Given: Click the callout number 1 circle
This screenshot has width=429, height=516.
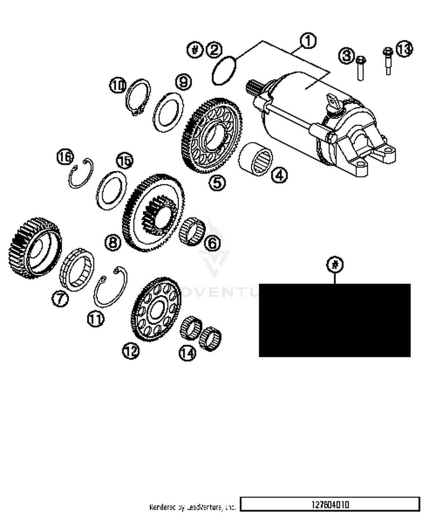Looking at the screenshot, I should point(308,41).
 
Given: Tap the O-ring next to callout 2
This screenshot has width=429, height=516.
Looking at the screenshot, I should point(224,70).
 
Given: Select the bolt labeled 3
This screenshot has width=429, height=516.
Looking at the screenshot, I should point(360,69).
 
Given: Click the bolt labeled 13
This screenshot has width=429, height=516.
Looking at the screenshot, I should point(388,62).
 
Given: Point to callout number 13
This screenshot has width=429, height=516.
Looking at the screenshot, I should point(404,49).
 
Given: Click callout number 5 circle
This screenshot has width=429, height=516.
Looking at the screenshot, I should point(217,183).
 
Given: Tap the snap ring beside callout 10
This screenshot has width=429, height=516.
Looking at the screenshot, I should point(138,97).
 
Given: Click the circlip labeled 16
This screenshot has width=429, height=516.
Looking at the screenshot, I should point(81,174).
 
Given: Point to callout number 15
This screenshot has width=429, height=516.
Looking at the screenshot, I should point(125,161).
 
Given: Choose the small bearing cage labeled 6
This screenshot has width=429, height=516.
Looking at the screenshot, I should point(192,231).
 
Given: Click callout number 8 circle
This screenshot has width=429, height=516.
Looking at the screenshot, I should point(113,242).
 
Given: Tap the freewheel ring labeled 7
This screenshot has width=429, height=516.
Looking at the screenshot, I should point(77,269).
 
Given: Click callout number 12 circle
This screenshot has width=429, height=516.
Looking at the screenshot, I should point(131,351).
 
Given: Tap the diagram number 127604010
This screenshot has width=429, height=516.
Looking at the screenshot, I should point(330,504).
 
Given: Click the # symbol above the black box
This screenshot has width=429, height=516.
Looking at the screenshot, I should point(335,264).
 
